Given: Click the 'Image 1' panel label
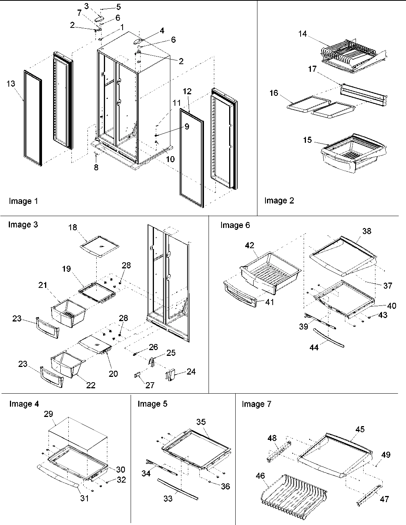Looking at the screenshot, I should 23,201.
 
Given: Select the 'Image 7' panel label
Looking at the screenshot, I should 256,404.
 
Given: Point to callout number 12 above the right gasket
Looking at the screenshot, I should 187,92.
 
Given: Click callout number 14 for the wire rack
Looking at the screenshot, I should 302,34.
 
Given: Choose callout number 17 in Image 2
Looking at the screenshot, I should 312,69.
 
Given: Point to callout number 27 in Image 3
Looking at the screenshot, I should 150,385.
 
